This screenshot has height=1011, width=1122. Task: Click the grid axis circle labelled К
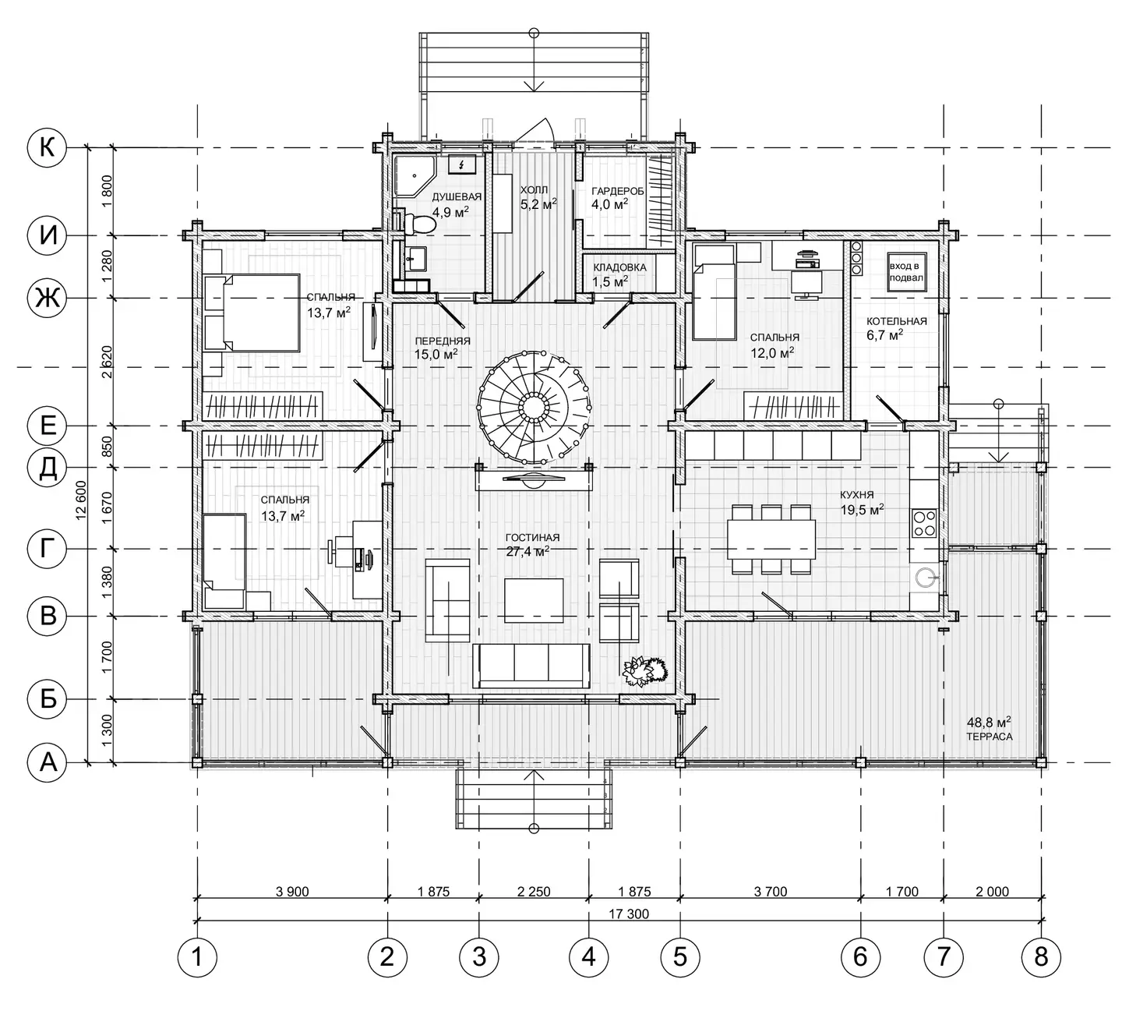pyautogui.click(x=47, y=148)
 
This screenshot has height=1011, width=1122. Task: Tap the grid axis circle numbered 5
pyautogui.click(x=680, y=956)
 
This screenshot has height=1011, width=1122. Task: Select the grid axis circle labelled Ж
pyautogui.click(x=47, y=298)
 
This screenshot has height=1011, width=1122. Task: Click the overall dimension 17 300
pyautogui.click(x=629, y=914)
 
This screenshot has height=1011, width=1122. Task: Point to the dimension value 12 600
pyautogui.click(x=82, y=500)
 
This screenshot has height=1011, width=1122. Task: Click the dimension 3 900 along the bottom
pyautogui.click(x=292, y=891)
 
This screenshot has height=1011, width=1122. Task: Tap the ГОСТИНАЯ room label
pyautogui.click(x=532, y=537)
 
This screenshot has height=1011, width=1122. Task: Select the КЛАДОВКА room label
pyautogui.click(x=619, y=267)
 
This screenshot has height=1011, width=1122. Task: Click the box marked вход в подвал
pyautogui.click(x=906, y=271)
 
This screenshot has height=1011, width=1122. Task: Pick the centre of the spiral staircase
pyautogui.click(x=534, y=406)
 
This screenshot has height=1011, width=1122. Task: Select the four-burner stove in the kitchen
pyautogui.click(x=924, y=523)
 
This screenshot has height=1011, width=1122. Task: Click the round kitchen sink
pyautogui.click(x=926, y=577)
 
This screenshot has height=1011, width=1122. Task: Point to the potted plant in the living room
pyautogui.click(x=644, y=670)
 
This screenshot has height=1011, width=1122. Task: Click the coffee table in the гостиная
pyautogui.click(x=534, y=601)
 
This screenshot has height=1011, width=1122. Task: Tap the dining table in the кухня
pyautogui.click(x=771, y=539)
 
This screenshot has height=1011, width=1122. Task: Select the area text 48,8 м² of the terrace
pyautogui.click(x=989, y=723)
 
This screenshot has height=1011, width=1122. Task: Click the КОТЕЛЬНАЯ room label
pyautogui.click(x=897, y=321)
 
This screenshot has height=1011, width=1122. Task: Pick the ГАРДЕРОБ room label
pyautogui.click(x=618, y=191)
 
